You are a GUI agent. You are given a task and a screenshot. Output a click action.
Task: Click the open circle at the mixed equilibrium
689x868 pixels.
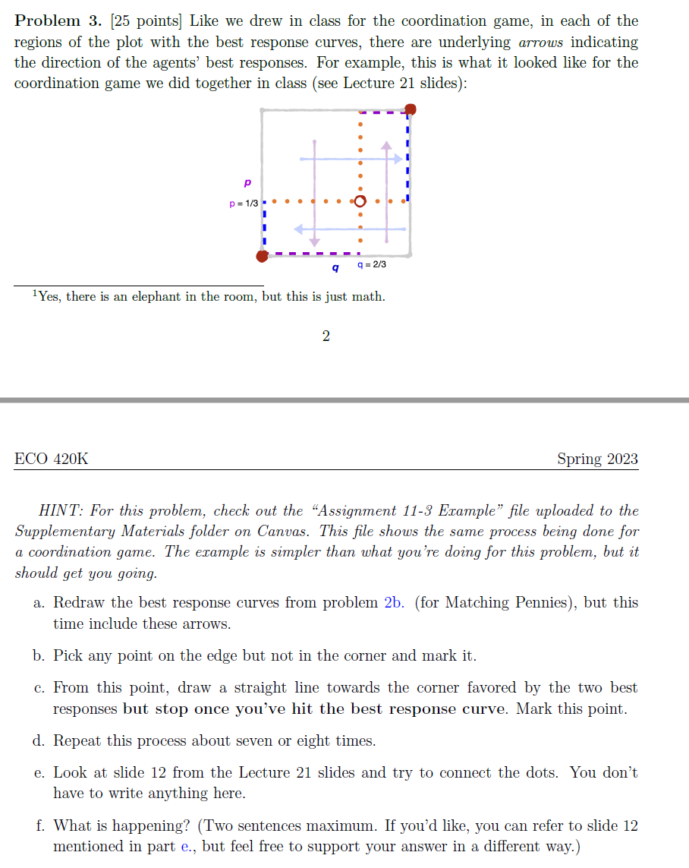click(x=360, y=202)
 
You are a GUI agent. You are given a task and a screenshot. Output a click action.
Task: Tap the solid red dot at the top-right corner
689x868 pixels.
click(x=410, y=110)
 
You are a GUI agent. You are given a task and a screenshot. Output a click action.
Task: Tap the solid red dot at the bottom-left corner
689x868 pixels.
click(x=262, y=257)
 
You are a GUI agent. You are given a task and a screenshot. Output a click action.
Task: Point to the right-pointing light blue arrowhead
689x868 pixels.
click(x=398, y=158)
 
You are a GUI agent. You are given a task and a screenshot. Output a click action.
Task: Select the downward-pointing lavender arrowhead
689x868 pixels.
click(x=314, y=241)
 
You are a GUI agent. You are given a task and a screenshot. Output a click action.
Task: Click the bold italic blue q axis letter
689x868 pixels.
click(x=335, y=267)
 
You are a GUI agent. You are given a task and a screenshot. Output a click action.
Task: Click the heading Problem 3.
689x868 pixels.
click(x=58, y=21)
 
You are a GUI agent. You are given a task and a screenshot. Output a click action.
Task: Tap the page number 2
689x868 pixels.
click(x=326, y=336)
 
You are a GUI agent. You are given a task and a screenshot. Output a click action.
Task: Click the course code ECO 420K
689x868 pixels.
click(x=52, y=459)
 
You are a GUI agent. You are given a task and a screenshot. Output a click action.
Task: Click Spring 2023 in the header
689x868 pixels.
click(x=597, y=459)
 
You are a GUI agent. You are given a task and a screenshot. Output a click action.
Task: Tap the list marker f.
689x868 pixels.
click(x=39, y=825)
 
